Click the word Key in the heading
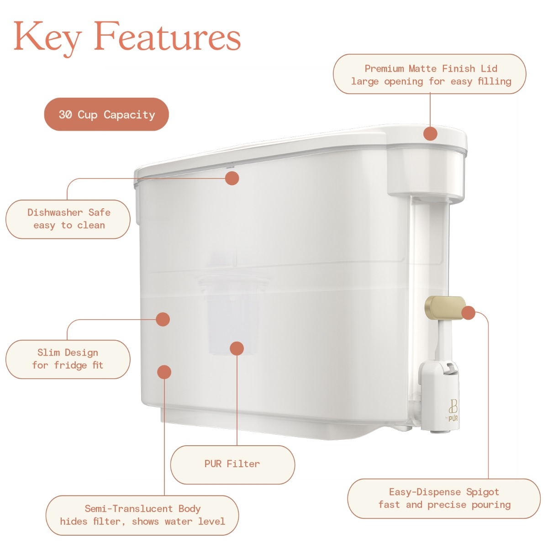pos(48,38)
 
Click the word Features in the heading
pos(168,36)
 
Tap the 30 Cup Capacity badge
pos(106,114)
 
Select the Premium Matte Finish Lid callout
pos(429,74)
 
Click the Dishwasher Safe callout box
pos(68,219)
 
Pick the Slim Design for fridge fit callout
pos(68,359)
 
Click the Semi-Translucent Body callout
pos(142,515)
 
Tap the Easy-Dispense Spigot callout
pos(444,498)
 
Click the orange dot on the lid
pos(430,133)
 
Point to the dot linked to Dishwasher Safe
pos(232,178)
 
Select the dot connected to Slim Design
pos(163,319)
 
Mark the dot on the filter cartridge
pos(237,348)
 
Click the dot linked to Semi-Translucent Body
pos(164,372)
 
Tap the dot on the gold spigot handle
pos(469,313)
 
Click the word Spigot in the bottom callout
pos(483,492)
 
